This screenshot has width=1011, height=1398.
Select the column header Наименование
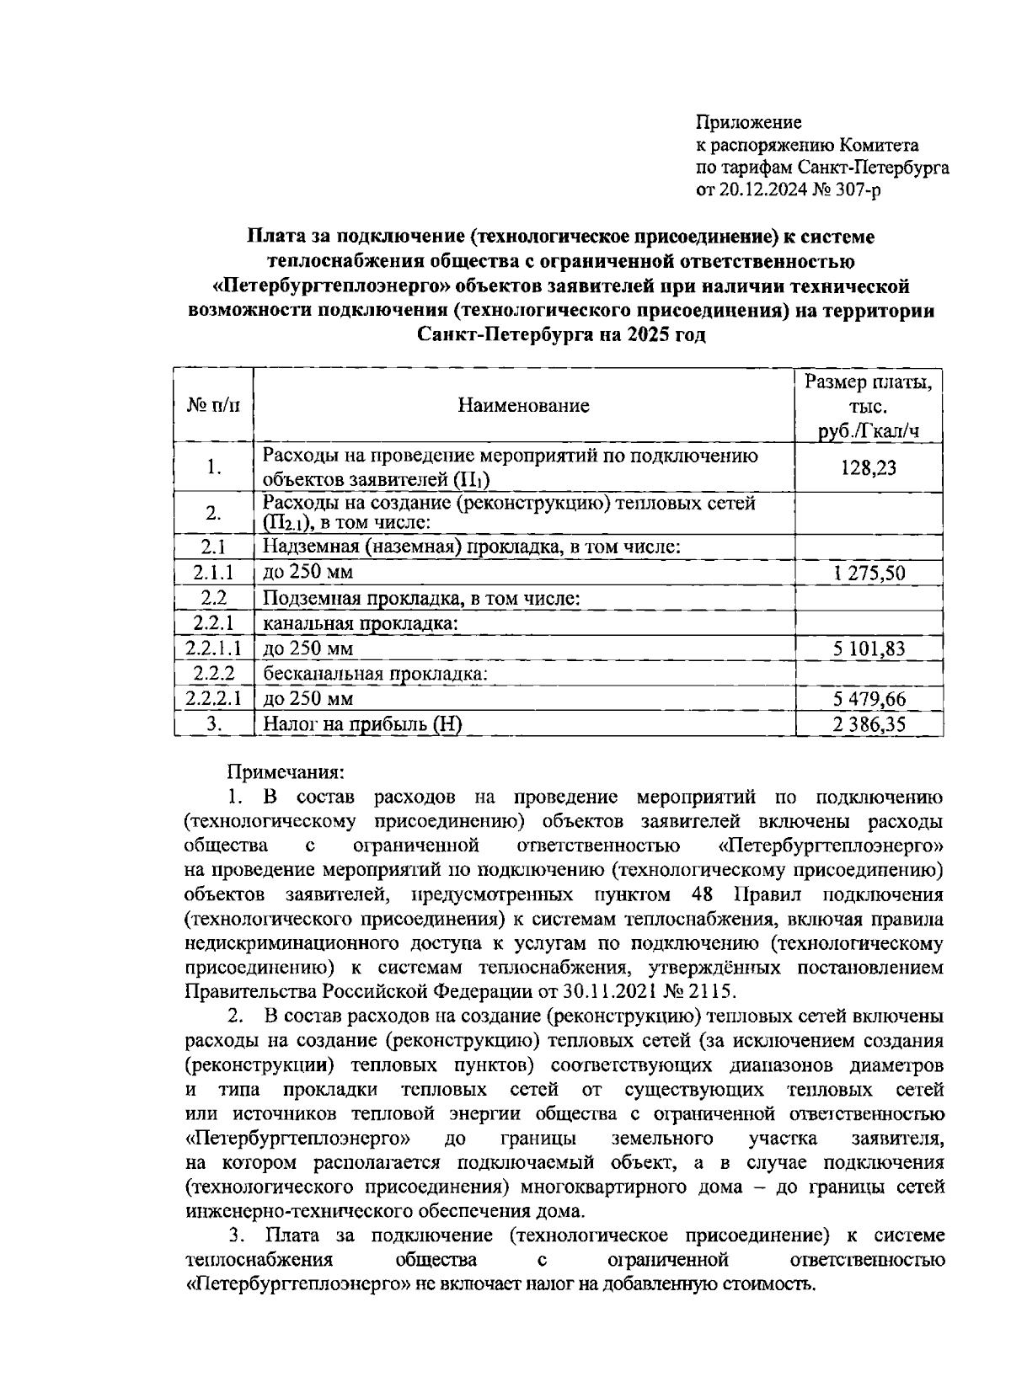[523, 406]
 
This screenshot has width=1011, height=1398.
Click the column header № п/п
[213, 406]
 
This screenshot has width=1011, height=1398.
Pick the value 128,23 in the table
[868, 467]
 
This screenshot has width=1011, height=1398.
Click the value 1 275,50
[868, 574]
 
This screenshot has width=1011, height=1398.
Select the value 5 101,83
[868, 649]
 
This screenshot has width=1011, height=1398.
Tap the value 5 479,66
[868, 699]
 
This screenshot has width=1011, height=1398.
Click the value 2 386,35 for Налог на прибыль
[868, 724]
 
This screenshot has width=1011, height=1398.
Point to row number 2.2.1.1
[213, 649]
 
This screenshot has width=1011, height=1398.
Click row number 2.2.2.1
[213, 699]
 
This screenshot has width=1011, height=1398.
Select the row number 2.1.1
[213, 574]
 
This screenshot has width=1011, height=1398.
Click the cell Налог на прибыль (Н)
[363, 724]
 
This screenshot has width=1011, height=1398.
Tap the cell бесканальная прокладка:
[376, 674]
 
